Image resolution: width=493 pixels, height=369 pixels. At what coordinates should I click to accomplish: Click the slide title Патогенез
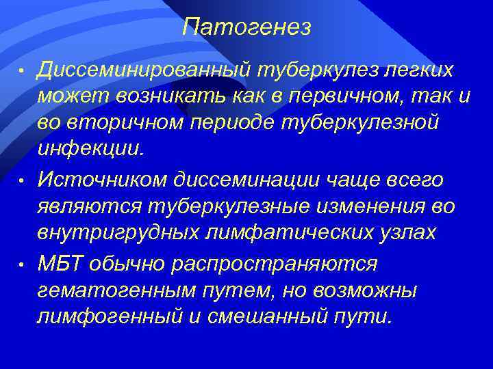click(x=246, y=27)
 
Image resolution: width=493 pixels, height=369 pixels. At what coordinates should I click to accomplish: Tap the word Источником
click(x=104, y=180)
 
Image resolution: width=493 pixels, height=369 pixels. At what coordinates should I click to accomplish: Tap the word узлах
click(x=412, y=232)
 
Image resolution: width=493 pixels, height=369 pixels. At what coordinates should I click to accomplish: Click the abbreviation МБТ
click(x=62, y=264)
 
